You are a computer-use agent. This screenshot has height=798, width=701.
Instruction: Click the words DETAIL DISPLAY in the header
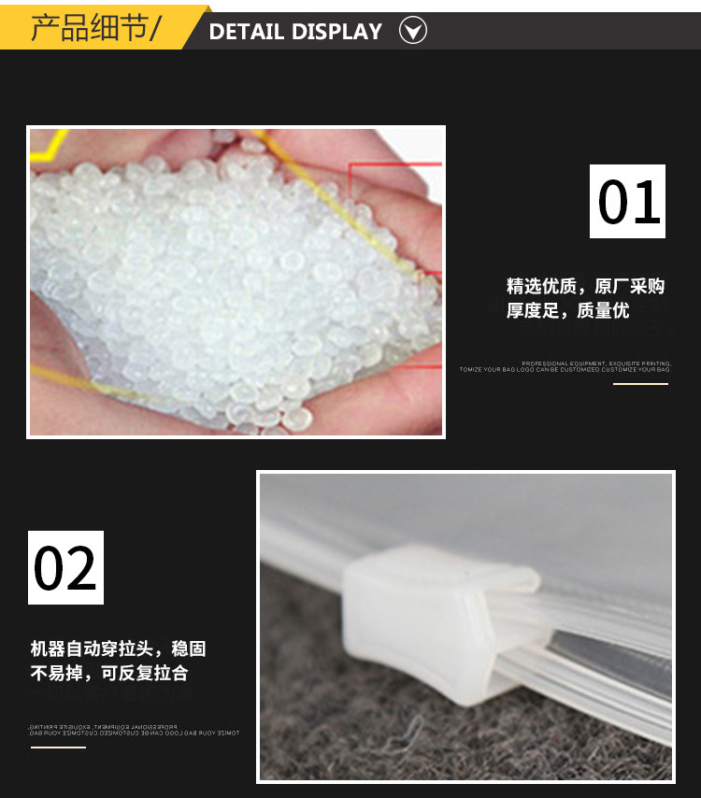295,32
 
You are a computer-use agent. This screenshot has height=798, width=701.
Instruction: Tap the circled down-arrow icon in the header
413,32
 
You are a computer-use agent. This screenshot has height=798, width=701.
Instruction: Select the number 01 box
627,201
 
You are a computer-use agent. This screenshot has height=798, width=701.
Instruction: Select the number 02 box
65,567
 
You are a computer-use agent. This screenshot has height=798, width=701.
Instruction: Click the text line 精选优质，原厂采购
586,286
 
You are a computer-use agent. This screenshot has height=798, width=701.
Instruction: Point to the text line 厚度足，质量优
568,310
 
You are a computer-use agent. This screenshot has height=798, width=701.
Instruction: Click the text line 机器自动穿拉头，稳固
118,648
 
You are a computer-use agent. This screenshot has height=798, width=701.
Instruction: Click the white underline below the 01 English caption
640,384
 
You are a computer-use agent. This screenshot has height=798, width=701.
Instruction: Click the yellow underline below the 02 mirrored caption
58,747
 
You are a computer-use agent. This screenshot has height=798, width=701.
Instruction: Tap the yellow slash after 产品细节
155,29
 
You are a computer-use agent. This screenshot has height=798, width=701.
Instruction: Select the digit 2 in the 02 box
81,568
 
